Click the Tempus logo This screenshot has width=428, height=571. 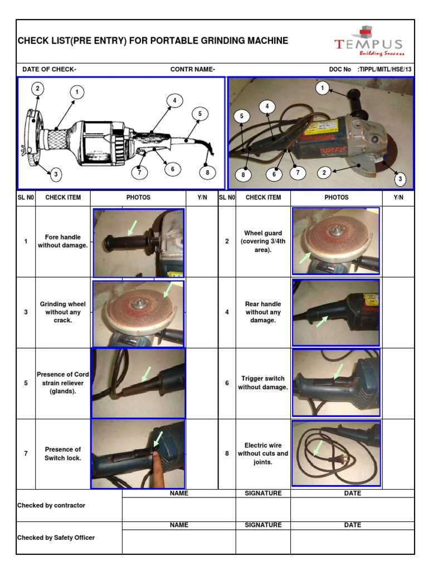tap(369, 42)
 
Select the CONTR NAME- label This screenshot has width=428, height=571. tap(193, 70)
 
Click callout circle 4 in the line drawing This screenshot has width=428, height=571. tap(174, 100)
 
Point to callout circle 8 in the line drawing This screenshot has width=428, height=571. tap(207, 172)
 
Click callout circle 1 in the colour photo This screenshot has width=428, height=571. tap(322, 88)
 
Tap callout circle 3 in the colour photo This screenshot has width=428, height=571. tap(399, 179)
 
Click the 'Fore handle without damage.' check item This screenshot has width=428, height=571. tap(63, 241)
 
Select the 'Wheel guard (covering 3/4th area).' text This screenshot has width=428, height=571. tap(263, 241)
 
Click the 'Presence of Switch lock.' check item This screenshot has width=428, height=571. tap(63, 453)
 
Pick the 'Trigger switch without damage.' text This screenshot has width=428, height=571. tap(263, 383)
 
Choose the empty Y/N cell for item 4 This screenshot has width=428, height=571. tap(398, 312)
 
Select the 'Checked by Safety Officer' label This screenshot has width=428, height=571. tap(56, 538)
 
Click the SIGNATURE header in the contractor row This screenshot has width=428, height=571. tap(263, 493)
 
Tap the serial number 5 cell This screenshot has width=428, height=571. tap(26, 383)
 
